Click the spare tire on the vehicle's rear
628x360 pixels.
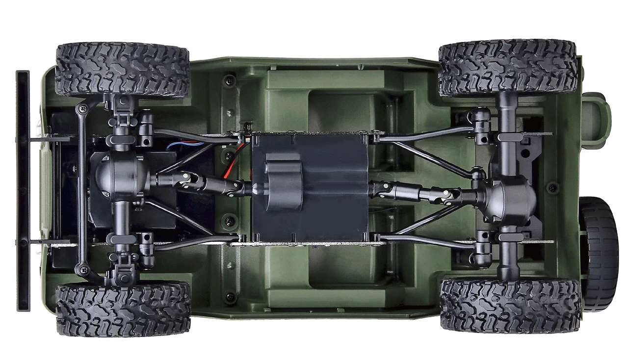[x=600, y=253]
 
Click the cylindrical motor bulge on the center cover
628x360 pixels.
[x=283, y=181]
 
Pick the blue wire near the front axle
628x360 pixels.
[x=184, y=145]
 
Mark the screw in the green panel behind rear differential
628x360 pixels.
[x=553, y=187]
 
